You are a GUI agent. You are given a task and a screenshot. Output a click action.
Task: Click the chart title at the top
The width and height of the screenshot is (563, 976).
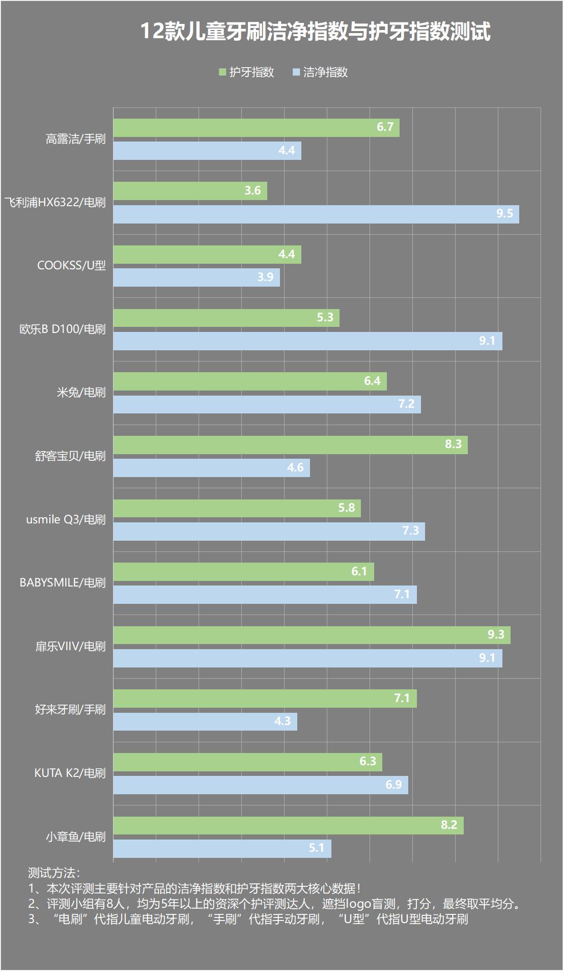315,32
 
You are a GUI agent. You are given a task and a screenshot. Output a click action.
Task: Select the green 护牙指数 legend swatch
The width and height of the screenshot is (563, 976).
222,72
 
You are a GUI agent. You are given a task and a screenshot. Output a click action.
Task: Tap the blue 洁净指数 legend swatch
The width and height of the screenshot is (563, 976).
296,72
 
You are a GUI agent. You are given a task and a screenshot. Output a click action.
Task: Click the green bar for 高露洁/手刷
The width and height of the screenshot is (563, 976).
256,128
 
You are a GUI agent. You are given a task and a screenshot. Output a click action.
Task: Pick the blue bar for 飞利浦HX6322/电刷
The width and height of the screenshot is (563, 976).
316,214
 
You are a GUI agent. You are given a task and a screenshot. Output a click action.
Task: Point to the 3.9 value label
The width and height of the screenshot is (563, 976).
265,277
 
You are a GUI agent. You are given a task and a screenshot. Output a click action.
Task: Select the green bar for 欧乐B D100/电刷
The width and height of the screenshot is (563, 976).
226,318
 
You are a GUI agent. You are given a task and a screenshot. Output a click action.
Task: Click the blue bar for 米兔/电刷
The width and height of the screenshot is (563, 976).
267,404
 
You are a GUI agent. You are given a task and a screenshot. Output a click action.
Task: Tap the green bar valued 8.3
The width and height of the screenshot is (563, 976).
290,444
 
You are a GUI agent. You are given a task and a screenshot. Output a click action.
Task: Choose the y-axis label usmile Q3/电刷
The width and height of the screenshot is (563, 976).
66,520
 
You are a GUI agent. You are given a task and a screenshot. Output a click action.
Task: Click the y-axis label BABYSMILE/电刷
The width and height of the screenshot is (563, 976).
62,582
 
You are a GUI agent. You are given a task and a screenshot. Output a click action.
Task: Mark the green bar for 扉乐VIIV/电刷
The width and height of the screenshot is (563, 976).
312,635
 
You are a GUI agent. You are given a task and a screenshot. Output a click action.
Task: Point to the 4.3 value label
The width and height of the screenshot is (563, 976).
283,721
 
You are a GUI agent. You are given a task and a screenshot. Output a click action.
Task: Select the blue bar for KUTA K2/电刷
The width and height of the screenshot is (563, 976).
261,785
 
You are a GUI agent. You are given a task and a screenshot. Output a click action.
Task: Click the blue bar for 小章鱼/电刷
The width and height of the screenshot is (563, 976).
222,848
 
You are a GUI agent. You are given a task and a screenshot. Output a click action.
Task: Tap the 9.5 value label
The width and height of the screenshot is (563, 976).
504,214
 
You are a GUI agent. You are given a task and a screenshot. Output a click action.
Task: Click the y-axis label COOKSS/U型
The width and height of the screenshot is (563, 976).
71,266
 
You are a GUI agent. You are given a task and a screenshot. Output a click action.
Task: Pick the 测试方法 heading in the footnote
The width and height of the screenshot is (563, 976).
53,873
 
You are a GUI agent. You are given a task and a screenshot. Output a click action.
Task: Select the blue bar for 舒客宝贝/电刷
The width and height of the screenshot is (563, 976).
211,467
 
